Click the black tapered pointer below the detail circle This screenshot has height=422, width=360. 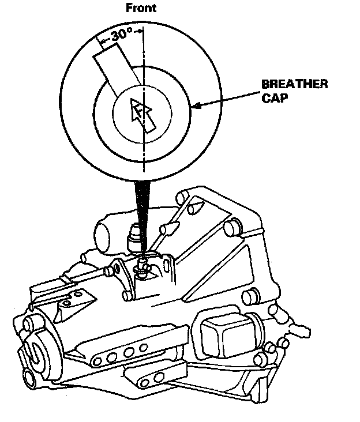pyautogui.click(x=142, y=213)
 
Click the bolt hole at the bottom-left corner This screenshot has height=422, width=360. pyautogui.click(x=28, y=379)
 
